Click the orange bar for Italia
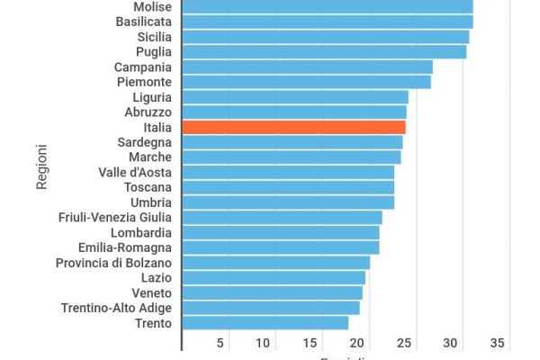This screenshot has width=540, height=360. (293, 127)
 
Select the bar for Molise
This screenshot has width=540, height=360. (327, 7)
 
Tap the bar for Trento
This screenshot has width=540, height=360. (265, 322)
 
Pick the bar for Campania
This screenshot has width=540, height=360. (307, 67)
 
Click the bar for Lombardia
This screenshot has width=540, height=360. (280, 232)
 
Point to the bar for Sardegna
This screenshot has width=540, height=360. (292, 142)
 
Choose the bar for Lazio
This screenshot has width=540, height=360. (274, 277)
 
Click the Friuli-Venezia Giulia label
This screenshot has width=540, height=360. (114, 217)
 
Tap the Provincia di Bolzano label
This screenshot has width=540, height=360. (113, 262)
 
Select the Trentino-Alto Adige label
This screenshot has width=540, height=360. (116, 308)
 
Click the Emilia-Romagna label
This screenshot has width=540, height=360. (124, 247)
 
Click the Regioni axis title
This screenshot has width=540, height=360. (42, 162)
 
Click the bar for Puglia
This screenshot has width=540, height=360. (324, 52)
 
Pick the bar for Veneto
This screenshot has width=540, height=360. (272, 292)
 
